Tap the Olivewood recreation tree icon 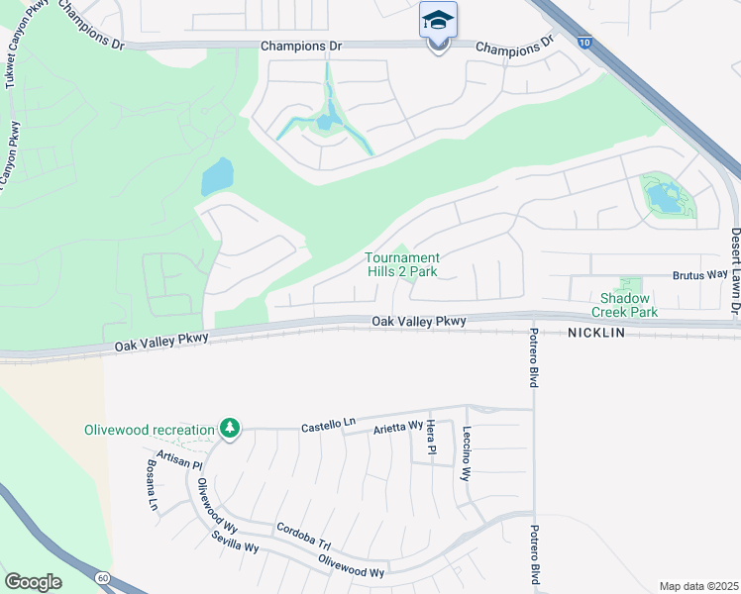[x=230, y=429]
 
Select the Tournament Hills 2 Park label [x=401, y=264]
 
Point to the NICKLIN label [x=596, y=334]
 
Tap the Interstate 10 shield [x=584, y=44]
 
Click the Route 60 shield [x=102, y=577]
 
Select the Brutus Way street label [x=700, y=275]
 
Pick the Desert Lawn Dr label [x=735, y=271]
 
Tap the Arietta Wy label [x=397, y=428]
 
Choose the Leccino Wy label [x=466, y=453]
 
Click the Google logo [x=33, y=581]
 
